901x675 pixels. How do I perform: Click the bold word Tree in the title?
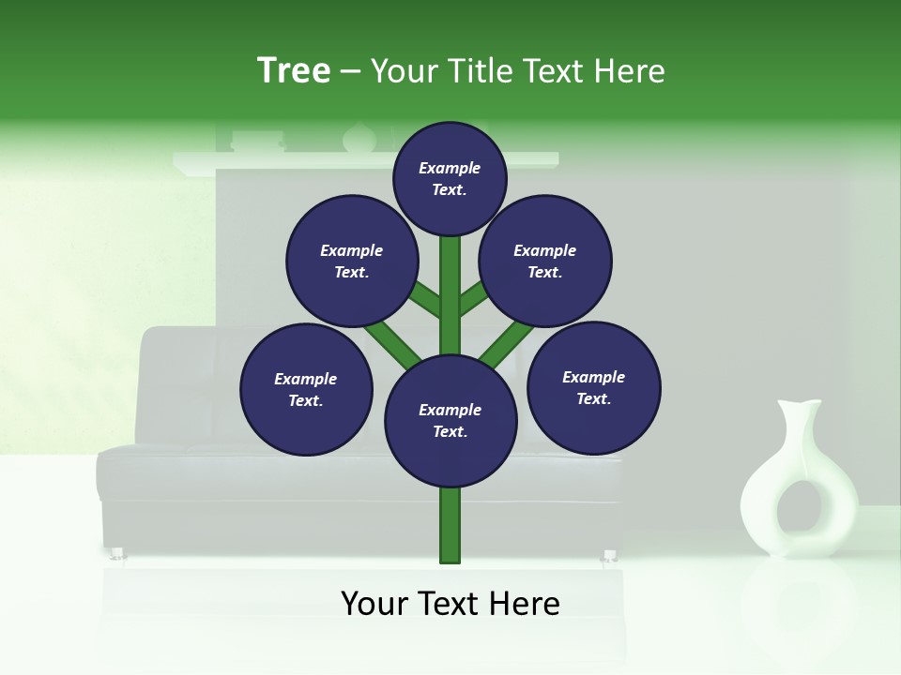[294, 70]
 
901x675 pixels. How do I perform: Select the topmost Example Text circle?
[450, 178]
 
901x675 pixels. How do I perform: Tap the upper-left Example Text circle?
[351, 261]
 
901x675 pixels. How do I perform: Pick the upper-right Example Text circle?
[544, 261]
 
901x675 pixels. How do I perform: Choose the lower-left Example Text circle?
[306, 389]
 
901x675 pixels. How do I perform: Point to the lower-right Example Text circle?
[593, 387]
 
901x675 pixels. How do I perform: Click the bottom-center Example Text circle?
[450, 420]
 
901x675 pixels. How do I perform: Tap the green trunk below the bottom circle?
[450, 525]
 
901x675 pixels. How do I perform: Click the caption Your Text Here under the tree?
[450, 604]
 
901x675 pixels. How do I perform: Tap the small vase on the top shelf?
[359, 139]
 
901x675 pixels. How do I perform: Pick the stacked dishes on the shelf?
[258, 142]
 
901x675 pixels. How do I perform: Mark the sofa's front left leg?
[118, 553]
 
